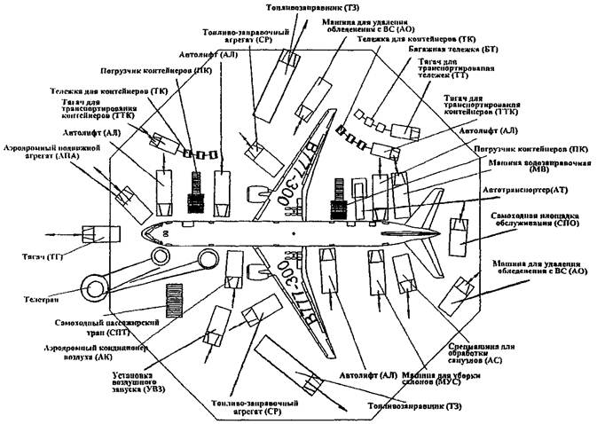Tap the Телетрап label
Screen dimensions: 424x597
pos(35,301)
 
